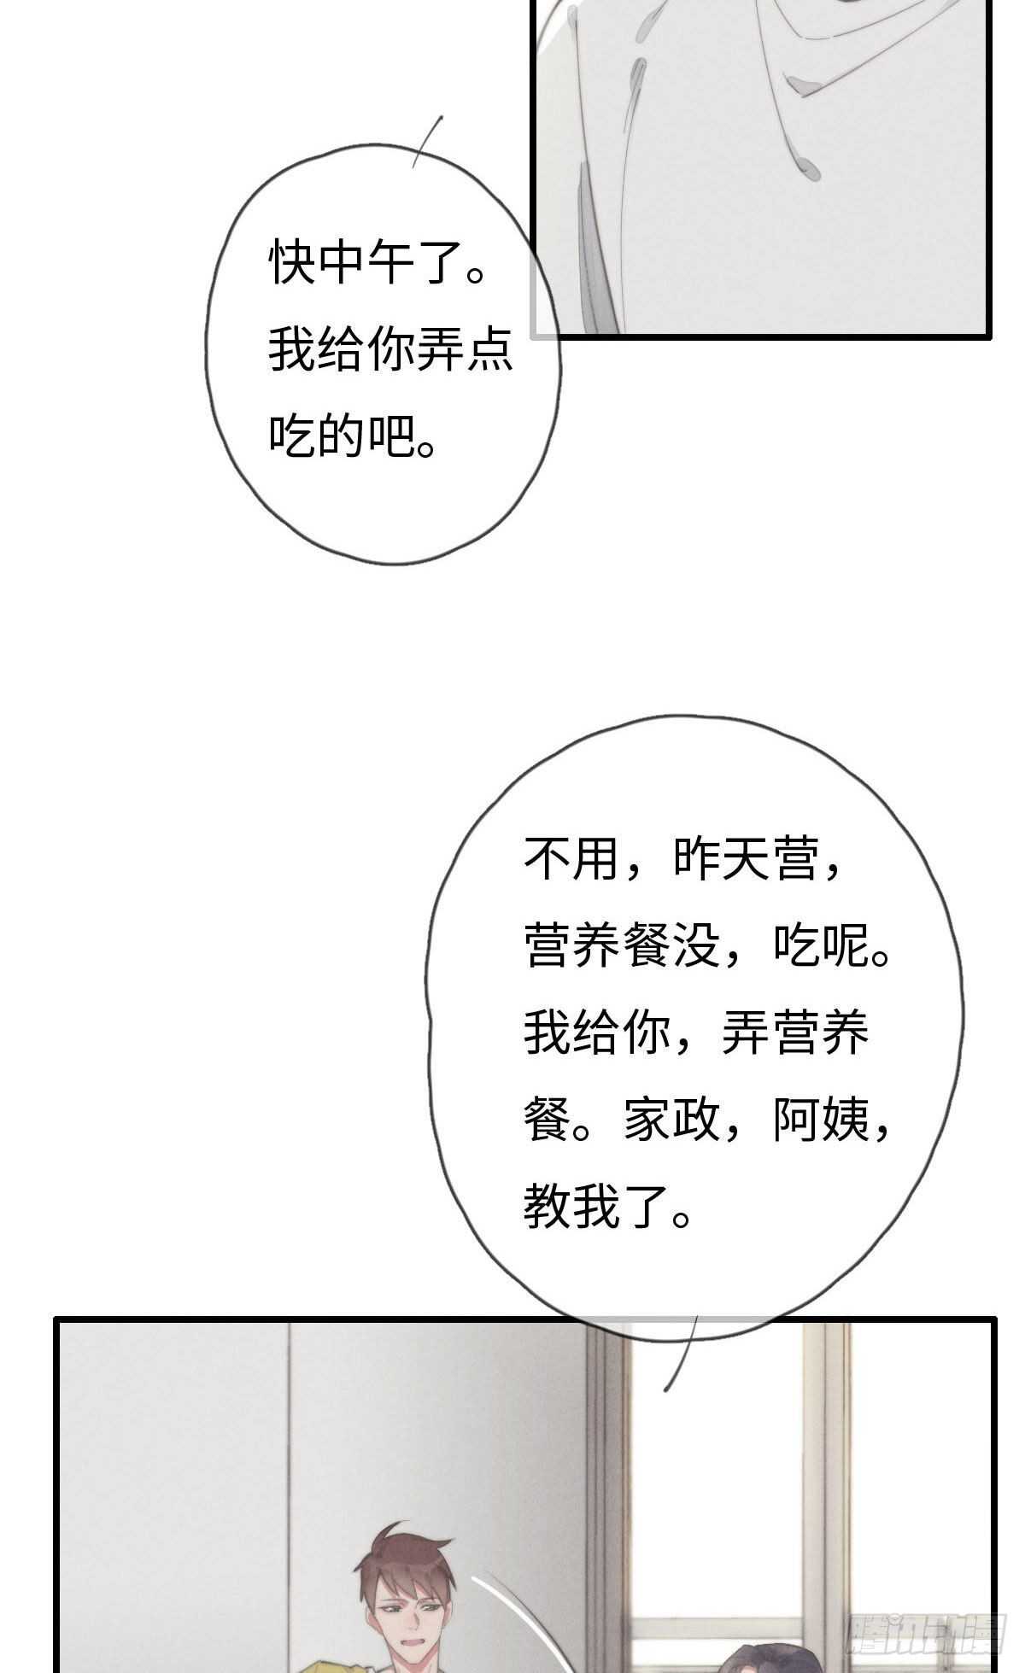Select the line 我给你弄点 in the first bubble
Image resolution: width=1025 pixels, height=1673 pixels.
390,350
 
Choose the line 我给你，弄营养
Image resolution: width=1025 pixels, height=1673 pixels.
696,1032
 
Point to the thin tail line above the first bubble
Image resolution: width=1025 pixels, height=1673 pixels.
427,141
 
